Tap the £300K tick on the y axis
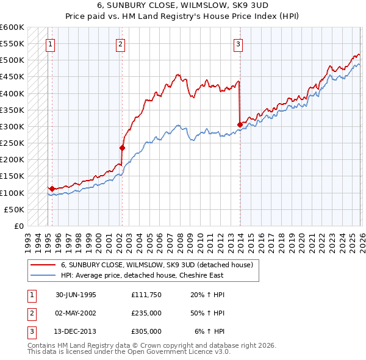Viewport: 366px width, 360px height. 12,126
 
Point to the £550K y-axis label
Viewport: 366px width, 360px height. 12,44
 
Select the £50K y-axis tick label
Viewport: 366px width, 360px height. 14,209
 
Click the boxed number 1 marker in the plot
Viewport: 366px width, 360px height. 49,43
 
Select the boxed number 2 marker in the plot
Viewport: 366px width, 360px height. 121,43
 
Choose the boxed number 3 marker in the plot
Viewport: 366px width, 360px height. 238,43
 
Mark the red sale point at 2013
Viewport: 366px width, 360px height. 240,124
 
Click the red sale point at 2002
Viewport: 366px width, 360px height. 122,148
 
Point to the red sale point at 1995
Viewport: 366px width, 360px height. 52,189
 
